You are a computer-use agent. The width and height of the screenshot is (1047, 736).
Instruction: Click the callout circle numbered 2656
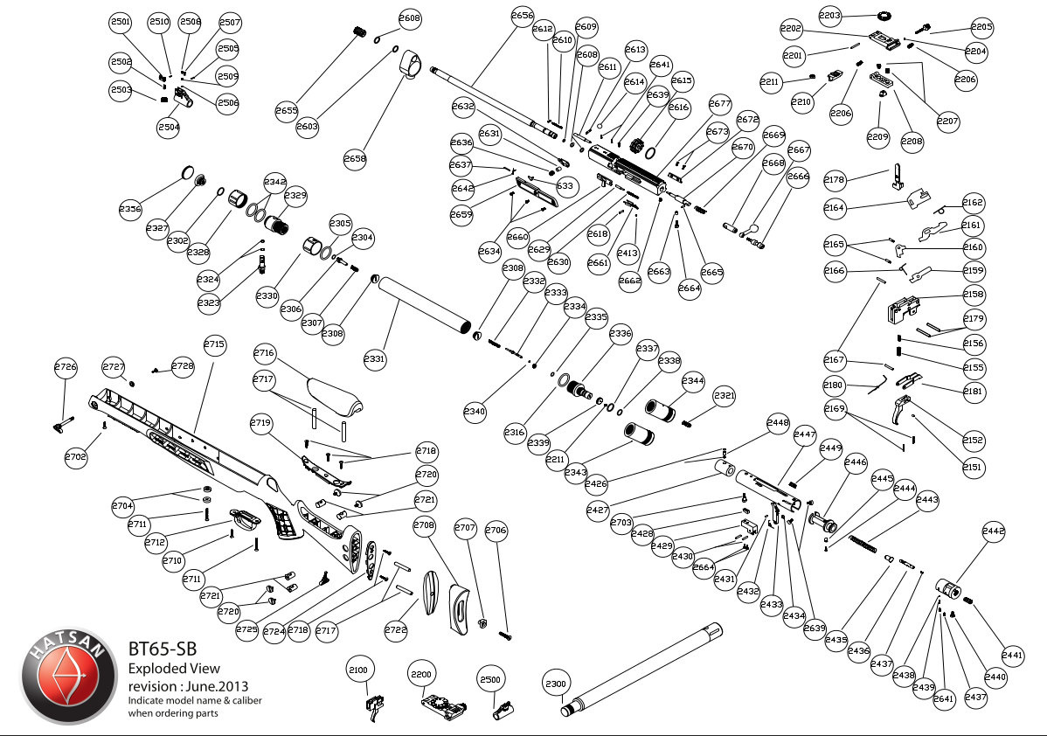522,17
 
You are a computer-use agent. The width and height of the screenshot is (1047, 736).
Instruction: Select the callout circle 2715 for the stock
214,345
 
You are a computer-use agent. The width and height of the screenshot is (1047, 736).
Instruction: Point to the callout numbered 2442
994,531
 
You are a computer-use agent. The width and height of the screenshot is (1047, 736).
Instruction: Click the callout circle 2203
830,15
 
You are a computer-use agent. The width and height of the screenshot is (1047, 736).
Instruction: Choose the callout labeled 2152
973,440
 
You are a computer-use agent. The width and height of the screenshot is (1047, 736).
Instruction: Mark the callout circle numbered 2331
374,358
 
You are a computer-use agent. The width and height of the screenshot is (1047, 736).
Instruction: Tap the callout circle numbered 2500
490,679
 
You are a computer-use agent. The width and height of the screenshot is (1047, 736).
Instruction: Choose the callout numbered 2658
356,159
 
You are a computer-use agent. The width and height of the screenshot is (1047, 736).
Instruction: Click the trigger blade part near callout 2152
904,411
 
